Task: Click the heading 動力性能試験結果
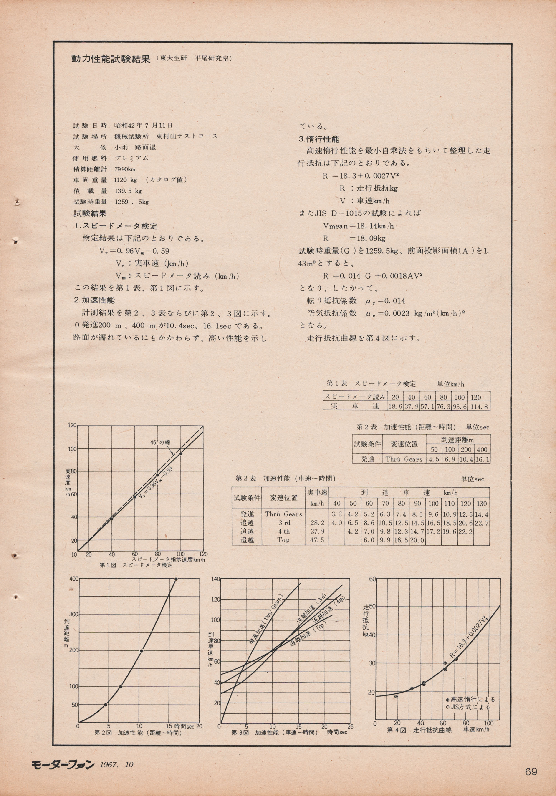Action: [x=111, y=59]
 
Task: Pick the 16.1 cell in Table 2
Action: [x=483, y=459]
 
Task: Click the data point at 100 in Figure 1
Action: [x=181, y=453]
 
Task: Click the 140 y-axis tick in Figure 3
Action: [x=215, y=579]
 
